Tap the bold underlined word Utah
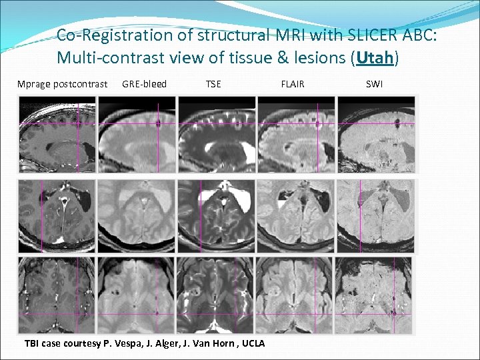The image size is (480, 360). pos(375,58)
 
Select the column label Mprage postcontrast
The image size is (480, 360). pos(62,84)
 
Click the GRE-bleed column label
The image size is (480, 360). pos(144,84)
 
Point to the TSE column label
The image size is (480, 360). pos(213,84)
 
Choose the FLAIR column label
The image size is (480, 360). pos(293,84)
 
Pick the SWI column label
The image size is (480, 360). pos(375,84)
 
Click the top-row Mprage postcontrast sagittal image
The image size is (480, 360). pos(57,135)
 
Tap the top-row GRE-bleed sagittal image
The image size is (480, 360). pos(137,135)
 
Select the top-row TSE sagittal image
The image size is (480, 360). pos(217,135)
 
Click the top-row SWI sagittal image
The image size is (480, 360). pos(376,135)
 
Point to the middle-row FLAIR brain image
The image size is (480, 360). pos(296,215)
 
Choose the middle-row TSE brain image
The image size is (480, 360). pos(217,215)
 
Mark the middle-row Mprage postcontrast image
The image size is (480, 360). pos(57,215)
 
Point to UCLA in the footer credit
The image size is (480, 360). pos(251,344)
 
